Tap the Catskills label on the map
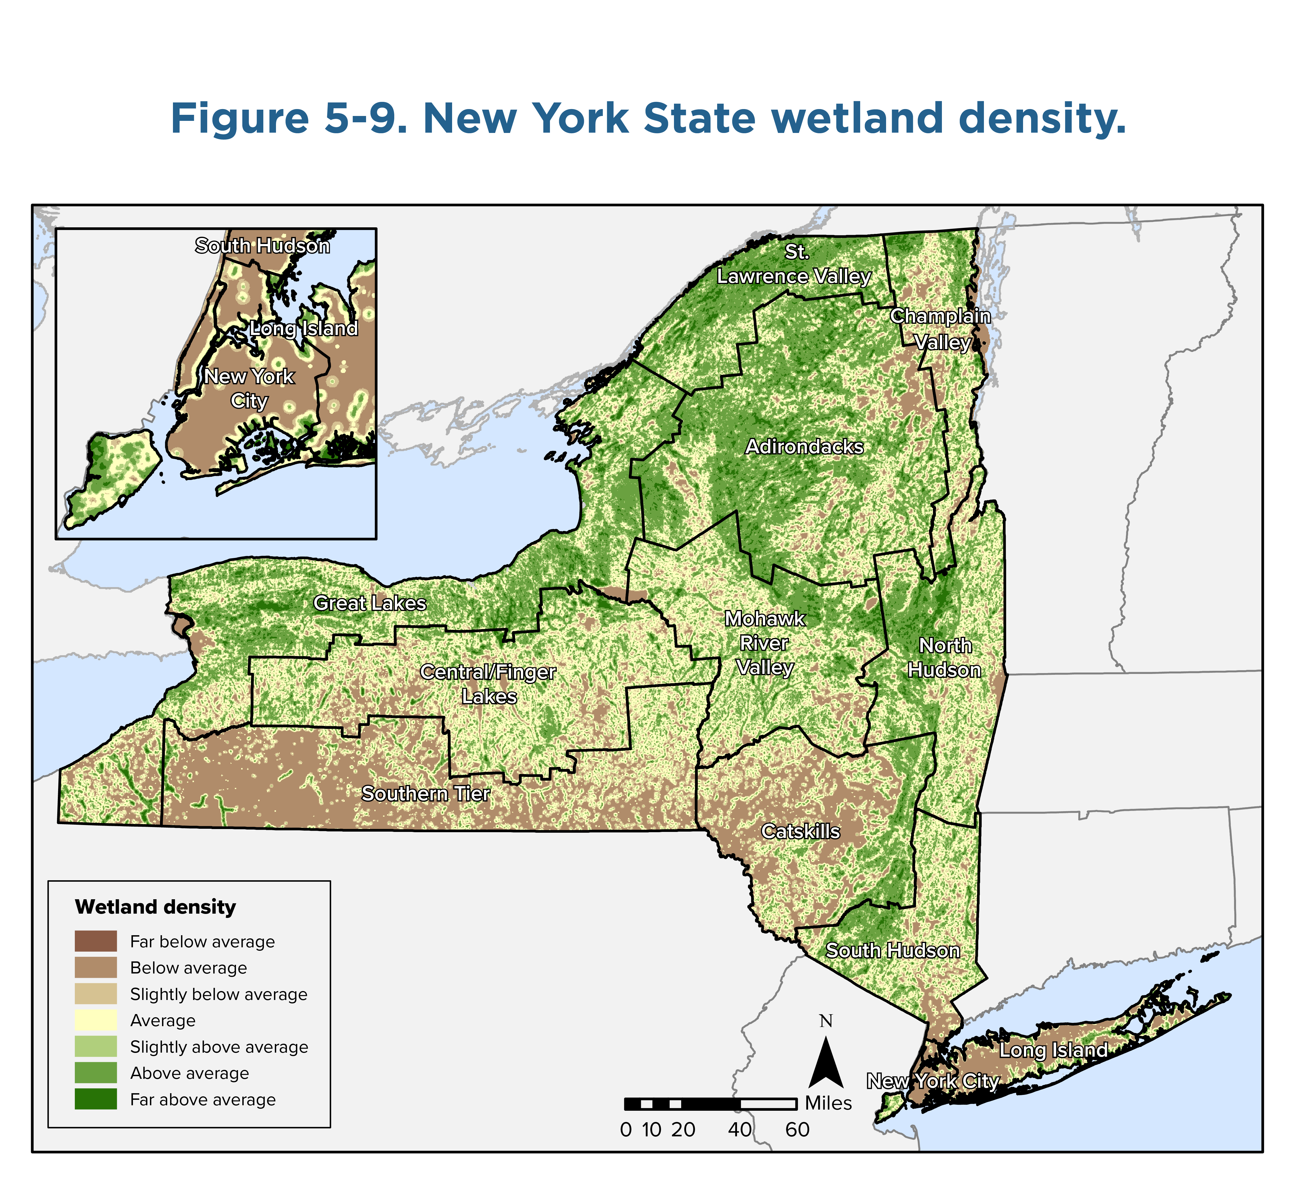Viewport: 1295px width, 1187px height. pyautogui.click(x=800, y=831)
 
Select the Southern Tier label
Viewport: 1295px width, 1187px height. pyautogui.click(x=426, y=794)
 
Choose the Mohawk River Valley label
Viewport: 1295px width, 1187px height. pyautogui.click(x=764, y=643)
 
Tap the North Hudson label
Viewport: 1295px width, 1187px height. pyautogui.click(x=944, y=658)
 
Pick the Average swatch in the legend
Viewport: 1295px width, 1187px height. pyautogui.click(x=96, y=1020)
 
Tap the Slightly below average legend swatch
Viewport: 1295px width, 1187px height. pyautogui.click(x=96, y=994)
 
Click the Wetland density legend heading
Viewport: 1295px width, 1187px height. pyautogui.click(x=155, y=907)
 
